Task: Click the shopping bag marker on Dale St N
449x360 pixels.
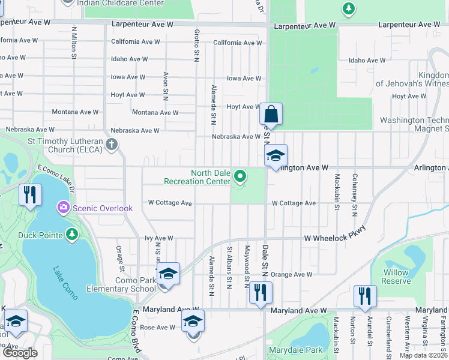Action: click(271, 114)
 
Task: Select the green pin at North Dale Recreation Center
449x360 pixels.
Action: click(240, 176)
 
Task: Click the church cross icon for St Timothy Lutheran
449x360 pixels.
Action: click(112, 145)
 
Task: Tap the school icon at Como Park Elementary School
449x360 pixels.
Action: click(168, 274)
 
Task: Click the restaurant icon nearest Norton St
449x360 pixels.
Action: click(365, 295)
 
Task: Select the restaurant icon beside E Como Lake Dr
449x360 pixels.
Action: click(29, 194)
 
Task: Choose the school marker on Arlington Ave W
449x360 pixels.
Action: click(276, 156)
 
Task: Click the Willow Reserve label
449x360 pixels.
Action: click(396, 277)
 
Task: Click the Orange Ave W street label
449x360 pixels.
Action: click(292, 274)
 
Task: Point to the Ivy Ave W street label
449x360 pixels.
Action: click(159, 238)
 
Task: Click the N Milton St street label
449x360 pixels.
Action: click(74, 41)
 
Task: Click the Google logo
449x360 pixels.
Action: click(20, 353)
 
